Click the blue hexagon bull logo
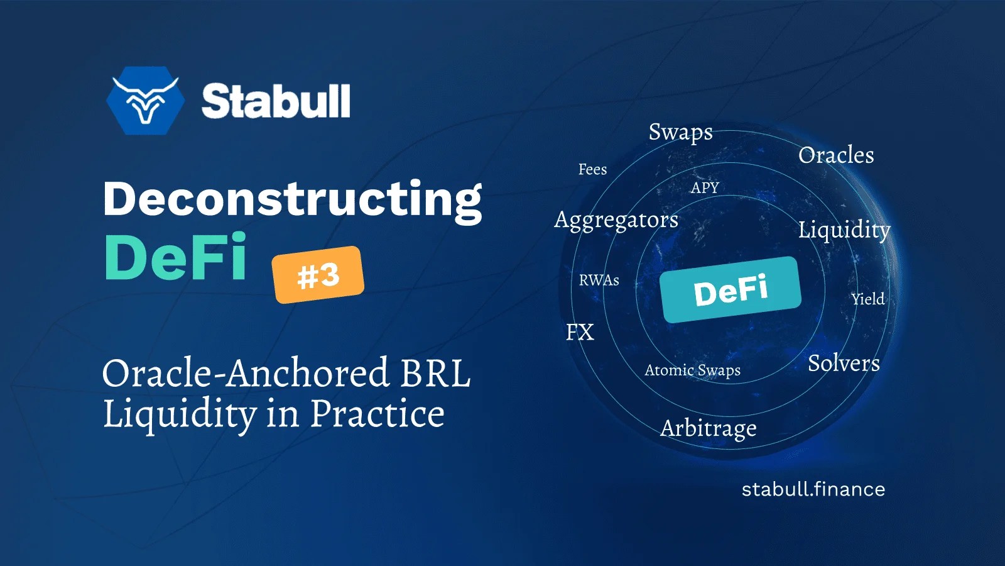click(x=145, y=101)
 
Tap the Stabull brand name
click(x=276, y=101)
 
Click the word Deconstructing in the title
click(x=292, y=199)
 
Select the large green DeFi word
click(x=176, y=257)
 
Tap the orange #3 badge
click(x=318, y=275)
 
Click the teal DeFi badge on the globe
click(x=731, y=290)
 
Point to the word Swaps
click(x=680, y=132)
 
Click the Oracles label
click(x=835, y=155)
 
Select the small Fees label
click(x=592, y=169)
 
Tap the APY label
click(x=704, y=187)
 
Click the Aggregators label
click(x=616, y=220)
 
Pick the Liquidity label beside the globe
click(x=844, y=230)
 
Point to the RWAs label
click(x=599, y=280)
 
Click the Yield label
click(x=867, y=299)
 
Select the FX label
click(x=579, y=332)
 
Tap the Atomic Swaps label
click(x=692, y=370)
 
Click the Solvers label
click(x=843, y=363)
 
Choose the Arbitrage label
click(x=708, y=428)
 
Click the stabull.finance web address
click(x=813, y=489)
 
